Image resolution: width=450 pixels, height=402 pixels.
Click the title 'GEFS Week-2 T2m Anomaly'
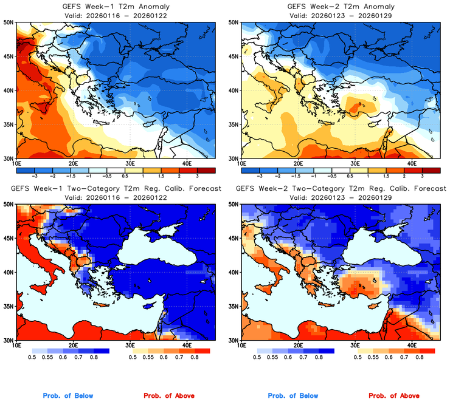340,6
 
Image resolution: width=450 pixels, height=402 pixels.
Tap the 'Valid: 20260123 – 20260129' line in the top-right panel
340,15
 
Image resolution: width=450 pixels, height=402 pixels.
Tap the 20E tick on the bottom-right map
299,346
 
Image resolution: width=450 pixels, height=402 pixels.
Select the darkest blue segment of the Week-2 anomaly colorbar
249,169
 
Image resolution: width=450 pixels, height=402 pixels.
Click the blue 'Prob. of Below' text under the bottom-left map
69,396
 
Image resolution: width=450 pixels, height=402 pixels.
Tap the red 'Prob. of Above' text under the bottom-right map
393,396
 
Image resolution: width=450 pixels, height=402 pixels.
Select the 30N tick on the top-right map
232,158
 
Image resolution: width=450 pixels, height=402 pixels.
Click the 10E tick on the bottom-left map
16,346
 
